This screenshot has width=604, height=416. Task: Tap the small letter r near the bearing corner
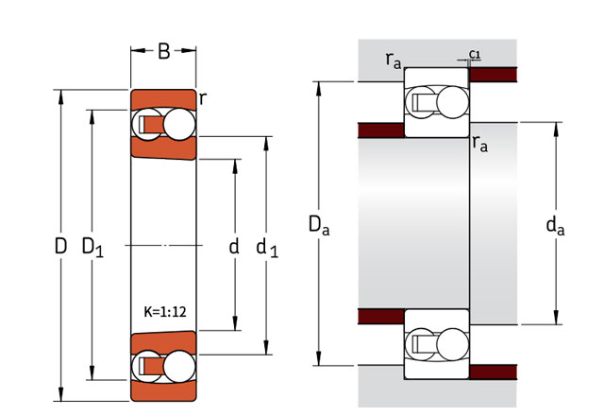203,96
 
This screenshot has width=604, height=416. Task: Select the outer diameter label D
60,248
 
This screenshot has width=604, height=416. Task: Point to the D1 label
92,248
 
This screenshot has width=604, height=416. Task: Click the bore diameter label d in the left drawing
234,248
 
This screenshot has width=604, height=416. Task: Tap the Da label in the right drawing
319,225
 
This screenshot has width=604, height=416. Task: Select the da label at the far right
556,225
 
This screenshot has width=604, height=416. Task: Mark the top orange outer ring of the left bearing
162,98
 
